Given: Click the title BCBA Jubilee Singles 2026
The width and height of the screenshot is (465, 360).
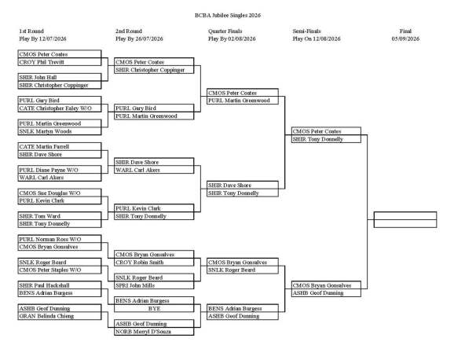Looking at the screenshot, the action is (x=228, y=16).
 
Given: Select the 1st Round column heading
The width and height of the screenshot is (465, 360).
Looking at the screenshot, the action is (x=31, y=31).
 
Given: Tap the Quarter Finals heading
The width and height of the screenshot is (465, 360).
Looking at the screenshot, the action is (x=225, y=31).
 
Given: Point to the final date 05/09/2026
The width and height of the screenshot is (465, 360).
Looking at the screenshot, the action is (x=405, y=39).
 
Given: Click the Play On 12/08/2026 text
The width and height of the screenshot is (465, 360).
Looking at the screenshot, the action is (x=317, y=39).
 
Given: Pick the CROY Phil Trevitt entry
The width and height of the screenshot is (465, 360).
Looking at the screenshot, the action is (x=60, y=62).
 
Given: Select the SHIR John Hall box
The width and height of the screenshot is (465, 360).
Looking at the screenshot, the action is (x=60, y=78).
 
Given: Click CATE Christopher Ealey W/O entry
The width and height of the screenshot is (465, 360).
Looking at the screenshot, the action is (x=60, y=108).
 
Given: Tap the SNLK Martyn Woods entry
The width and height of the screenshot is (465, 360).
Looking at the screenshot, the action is (x=60, y=131).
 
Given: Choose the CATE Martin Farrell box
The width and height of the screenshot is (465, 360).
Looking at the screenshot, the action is (x=60, y=147).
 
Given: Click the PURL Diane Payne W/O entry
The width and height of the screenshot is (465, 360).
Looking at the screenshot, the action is (x=60, y=170).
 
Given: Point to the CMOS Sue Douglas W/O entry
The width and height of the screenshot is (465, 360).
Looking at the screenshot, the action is (x=60, y=193).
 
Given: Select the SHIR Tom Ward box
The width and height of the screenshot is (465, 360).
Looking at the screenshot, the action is (x=60, y=216).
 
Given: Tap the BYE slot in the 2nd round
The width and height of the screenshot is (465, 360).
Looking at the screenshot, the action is (x=154, y=309).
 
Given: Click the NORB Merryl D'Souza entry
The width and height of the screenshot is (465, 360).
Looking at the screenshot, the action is (x=154, y=332).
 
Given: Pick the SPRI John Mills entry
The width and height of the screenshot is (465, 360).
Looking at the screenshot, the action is (x=154, y=285).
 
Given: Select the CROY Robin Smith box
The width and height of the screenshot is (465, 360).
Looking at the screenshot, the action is (x=154, y=263).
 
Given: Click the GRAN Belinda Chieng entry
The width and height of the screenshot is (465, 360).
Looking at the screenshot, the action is (x=60, y=316).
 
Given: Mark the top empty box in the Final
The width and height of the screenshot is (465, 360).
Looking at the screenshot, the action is (x=405, y=215).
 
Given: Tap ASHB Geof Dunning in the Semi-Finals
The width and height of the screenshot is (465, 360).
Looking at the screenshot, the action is (x=326, y=293).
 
